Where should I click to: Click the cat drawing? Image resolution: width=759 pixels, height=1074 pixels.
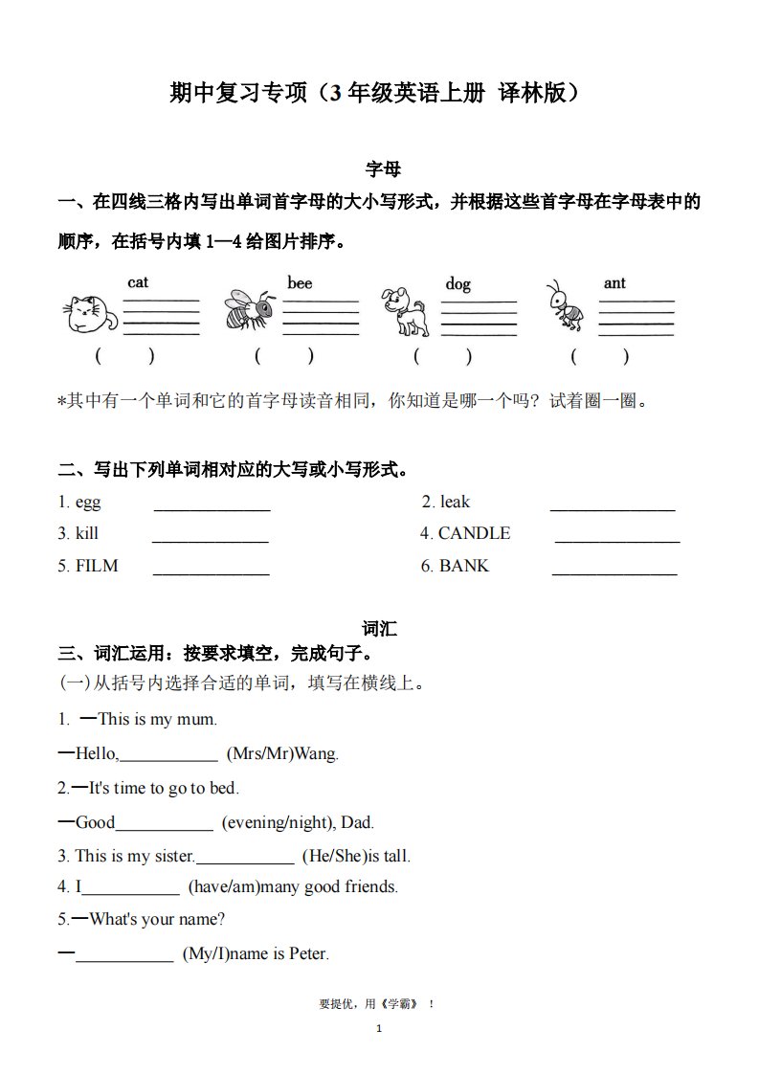coord(90,312)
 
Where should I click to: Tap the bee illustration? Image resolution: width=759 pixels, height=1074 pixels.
coord(248,308)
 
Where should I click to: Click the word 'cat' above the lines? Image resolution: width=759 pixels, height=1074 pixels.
coord(139,282)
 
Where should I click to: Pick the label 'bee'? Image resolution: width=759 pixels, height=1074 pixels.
coord(300,282)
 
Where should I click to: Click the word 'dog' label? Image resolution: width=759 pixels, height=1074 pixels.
coord(458,284)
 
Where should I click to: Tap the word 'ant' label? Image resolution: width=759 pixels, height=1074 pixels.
coord(614,283)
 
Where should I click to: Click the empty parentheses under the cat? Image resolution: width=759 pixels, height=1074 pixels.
coord(124,357)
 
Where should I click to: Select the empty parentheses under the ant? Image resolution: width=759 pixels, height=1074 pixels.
coord(600,357)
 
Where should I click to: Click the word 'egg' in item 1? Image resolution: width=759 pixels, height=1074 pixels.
coord(88,503)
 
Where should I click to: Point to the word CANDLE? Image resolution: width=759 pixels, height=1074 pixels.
coord(474,534)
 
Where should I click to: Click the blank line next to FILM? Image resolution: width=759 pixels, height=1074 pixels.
coord(211,573)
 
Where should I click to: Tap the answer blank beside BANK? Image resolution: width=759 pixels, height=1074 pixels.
coord(614,573)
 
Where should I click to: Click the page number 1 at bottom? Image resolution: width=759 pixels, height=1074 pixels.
coord(379,1029)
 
